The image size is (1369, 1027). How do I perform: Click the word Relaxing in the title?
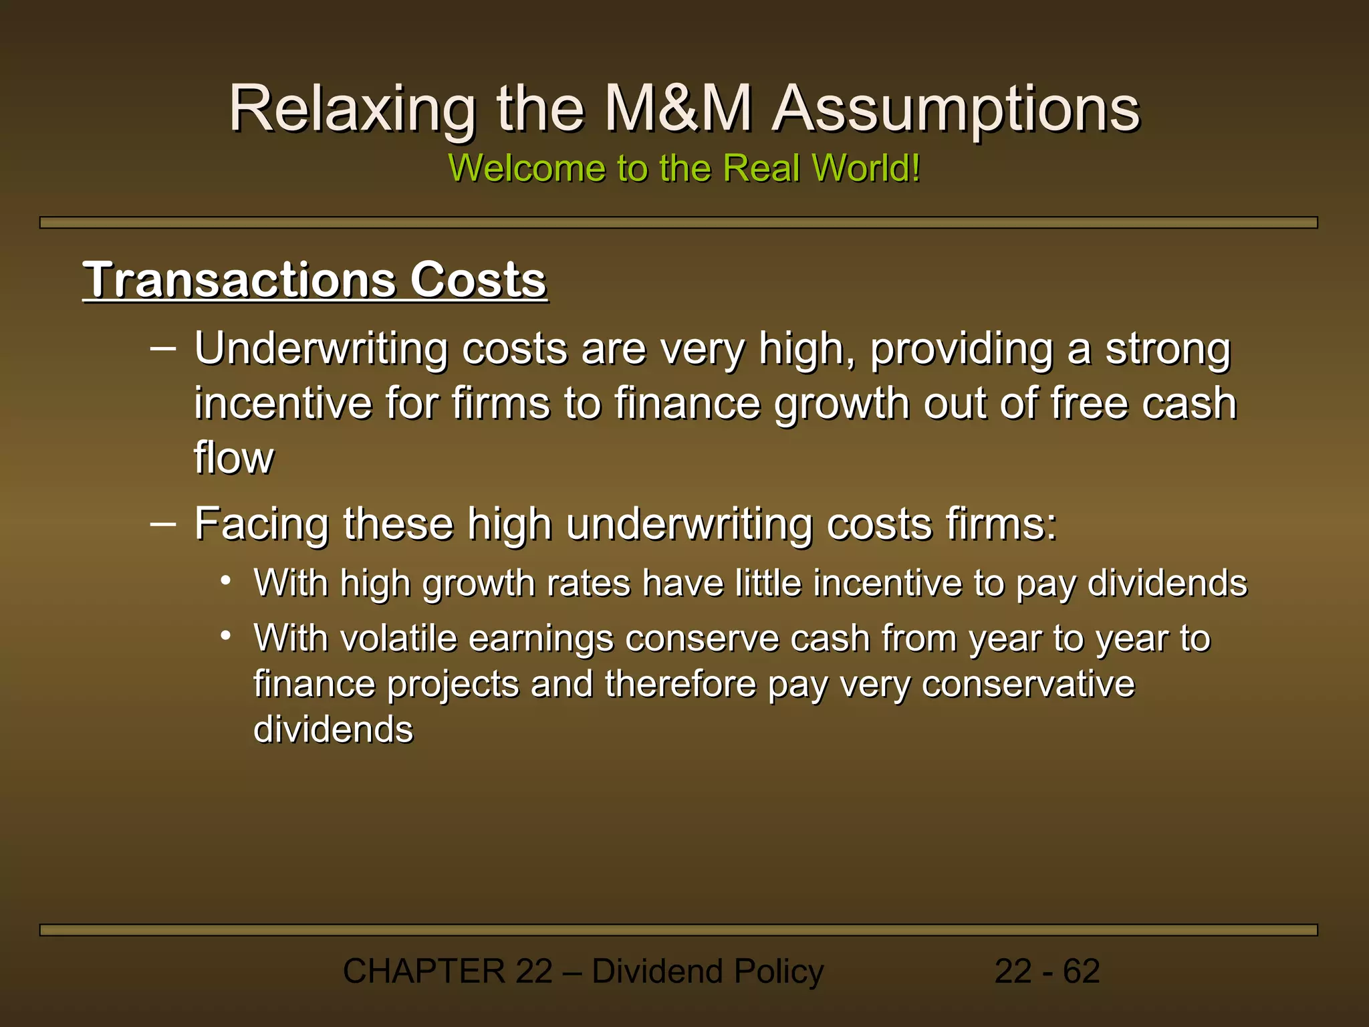(x=352, y=109)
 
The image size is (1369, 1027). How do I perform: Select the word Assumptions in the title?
(x=956, y=109)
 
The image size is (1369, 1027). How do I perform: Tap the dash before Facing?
(x=164, y=523)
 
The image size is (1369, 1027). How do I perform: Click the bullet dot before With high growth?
(x=227, y=580)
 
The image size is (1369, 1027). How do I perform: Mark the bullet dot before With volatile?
(x=227, y=635)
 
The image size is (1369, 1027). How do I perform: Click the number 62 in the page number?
(x=1081, y=971)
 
